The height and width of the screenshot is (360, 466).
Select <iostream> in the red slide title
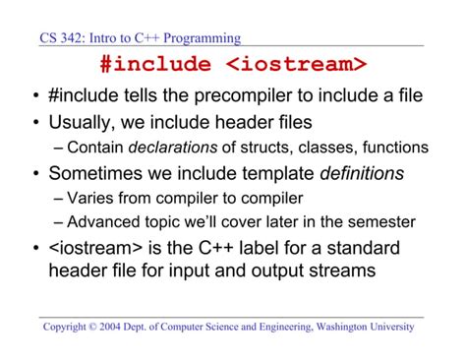[296, 66]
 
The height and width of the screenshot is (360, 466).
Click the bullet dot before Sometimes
[34, 175]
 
